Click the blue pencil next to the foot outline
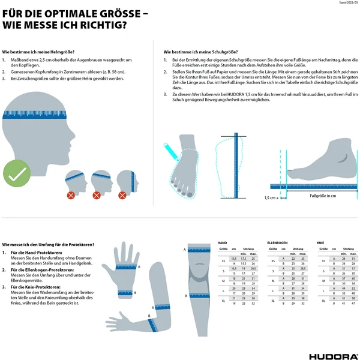point(170,149)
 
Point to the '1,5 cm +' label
point(271,197)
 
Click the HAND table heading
point(222,242)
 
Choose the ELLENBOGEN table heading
point(277,242)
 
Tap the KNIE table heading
point(321,242)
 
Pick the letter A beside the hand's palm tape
point(139,266)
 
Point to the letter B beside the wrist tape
point(135,293)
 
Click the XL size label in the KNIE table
point(322,300)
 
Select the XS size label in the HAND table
point(223,260)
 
